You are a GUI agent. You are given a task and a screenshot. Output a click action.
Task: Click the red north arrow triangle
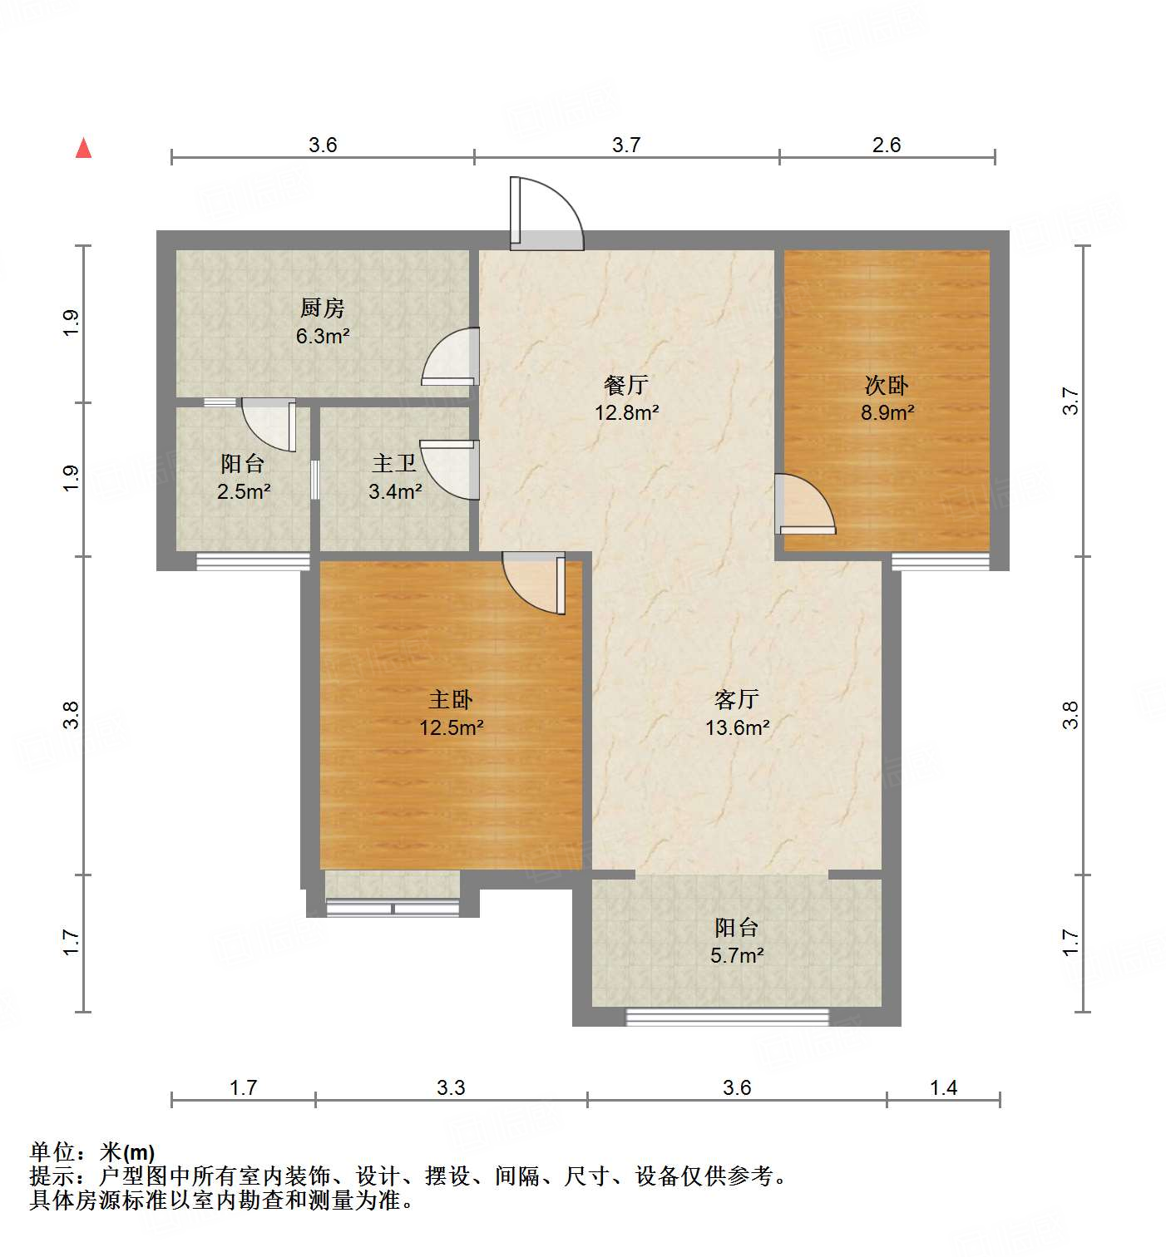[83, 148]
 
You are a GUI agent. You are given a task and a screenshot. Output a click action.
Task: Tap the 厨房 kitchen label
[322, 308]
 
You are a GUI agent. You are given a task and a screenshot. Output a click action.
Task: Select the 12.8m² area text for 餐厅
[626, 412]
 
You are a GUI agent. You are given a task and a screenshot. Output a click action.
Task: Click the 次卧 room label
[887, 385]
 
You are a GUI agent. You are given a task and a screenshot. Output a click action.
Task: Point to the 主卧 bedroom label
[451, 700]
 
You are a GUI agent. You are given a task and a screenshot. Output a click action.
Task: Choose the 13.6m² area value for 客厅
[737, 727]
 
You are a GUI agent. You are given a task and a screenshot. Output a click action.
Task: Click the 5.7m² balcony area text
[737, 955]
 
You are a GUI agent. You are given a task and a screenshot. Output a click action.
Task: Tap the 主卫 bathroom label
[394, 463]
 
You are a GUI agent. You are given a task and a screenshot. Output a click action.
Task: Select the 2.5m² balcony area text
[243, 491]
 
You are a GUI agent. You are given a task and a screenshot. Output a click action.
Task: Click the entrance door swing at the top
[547, 214]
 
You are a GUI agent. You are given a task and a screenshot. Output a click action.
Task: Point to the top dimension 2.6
[887, 145]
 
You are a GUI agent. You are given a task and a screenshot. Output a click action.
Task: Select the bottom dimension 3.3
[451, 1087]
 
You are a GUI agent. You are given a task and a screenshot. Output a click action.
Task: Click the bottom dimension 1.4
[943, 1087]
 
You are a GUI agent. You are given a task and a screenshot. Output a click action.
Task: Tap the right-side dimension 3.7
[1071, 402]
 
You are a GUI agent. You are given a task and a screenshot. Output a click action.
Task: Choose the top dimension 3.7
[626, 145]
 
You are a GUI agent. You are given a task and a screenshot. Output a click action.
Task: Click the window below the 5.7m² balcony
[728, 1017]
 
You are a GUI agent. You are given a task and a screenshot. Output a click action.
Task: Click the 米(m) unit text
[127, 1152]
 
